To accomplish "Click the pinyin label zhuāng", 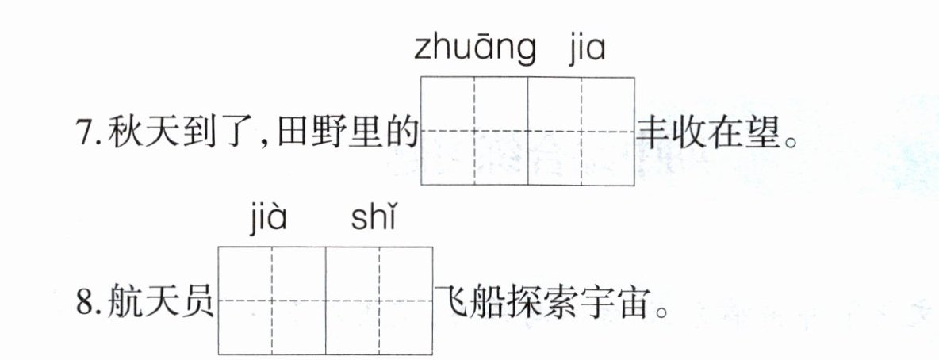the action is pos(473,50).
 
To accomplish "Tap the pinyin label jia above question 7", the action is pos(587,48).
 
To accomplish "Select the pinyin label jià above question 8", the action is pos(265,220).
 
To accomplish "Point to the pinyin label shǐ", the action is pos(372,220).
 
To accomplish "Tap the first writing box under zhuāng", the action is pos(474,131).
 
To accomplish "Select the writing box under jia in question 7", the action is pos(581,131).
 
